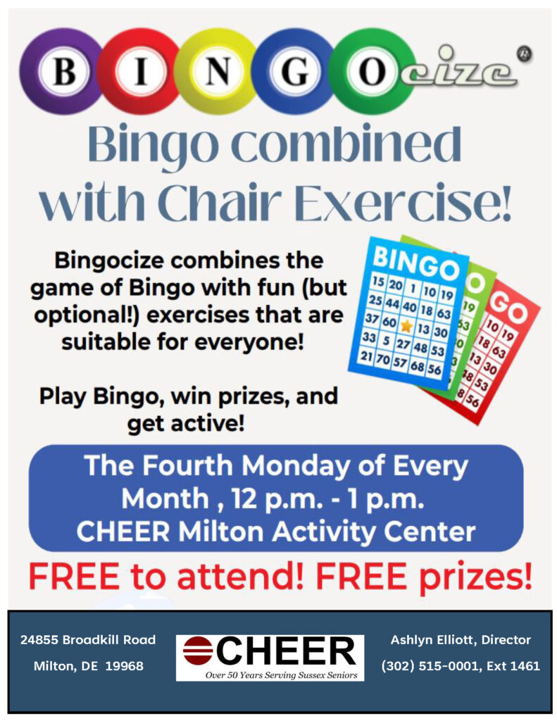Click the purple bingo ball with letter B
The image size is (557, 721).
62,71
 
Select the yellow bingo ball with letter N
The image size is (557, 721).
217,71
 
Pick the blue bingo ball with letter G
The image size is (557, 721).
294,71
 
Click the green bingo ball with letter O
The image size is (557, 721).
372,71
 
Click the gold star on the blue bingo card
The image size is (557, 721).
406,325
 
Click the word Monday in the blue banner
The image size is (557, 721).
295,467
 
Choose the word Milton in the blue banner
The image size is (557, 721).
221,532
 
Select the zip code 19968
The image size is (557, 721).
125,666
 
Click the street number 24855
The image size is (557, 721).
39,639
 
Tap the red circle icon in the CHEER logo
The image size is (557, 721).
197,651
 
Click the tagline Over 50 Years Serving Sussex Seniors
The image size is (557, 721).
281,675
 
